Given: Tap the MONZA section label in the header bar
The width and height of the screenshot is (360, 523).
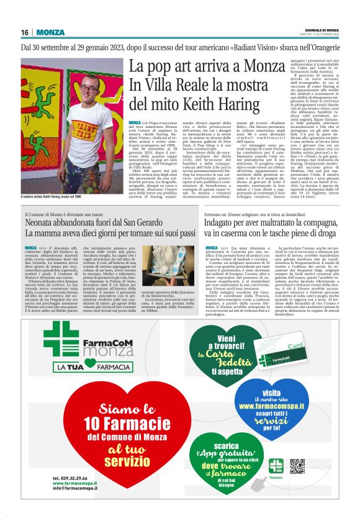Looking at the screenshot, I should (x=50, y=32).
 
